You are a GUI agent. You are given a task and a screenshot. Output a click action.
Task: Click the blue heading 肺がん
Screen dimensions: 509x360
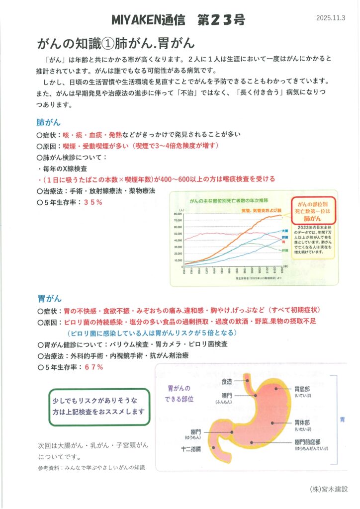pyautogui.click(x=49, y=122)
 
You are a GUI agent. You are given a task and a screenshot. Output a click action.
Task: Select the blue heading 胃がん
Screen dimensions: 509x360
pyautogui.click(x=49, y=299)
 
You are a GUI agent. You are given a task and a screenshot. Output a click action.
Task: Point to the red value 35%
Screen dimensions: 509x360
pyautogui.click(x=93, y=202)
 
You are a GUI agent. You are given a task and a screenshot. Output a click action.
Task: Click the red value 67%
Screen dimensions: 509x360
pyautogui.click(x=93, y=367)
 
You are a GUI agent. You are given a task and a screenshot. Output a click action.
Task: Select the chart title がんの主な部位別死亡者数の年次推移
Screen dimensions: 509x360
pyautogui.click(x=229, y=200)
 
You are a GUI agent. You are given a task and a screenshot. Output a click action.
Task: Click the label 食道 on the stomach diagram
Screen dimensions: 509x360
pyautogui.click(x=226, y=381)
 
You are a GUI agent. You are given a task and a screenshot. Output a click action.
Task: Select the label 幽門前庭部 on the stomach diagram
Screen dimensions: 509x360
pyautogui.click(x=307, y=441)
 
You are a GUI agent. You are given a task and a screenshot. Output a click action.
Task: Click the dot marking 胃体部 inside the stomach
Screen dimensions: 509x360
pyautogui.click(x=272, y=423)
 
